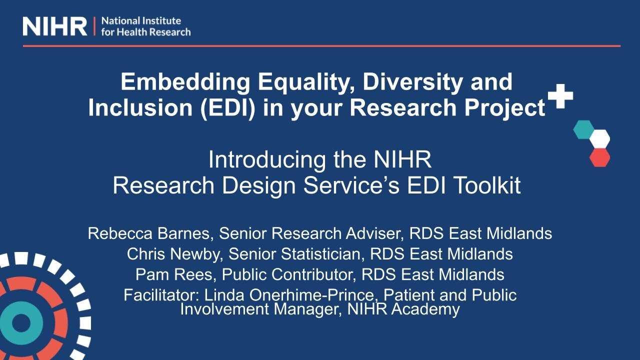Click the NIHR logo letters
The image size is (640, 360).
pos(55,26)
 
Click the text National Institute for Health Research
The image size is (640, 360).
pos(145,26)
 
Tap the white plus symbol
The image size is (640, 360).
pos(560,95)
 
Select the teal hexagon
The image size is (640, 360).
pos(583,129)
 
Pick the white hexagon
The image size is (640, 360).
pos(599,138)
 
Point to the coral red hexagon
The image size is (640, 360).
pos(599,157)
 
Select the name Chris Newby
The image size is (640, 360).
pos(175,254)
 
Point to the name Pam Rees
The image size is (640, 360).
pos(175,274)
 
